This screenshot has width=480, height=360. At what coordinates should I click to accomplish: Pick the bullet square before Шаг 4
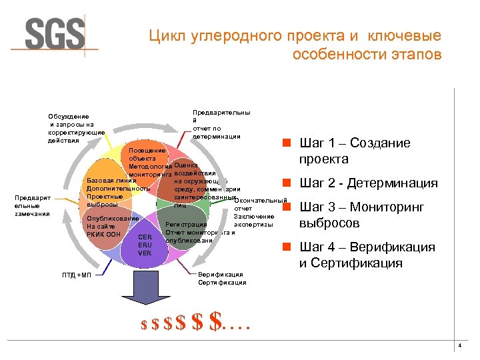tap(285, 247)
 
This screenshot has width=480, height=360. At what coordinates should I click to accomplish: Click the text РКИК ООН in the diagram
tap(103, 235)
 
